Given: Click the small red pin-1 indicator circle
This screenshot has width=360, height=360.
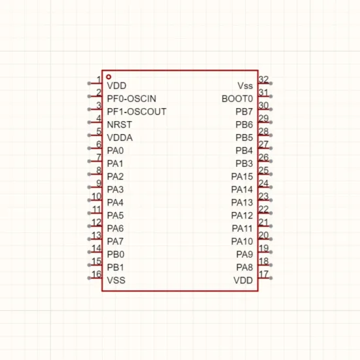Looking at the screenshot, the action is pos(109,77).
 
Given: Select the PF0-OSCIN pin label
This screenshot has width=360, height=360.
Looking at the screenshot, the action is pos(132,99).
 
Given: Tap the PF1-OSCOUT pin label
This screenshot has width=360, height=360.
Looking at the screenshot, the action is pos(137,112).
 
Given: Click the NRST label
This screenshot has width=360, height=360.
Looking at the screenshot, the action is pos(119,124).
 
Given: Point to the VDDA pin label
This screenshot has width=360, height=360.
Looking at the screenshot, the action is pos(120,137).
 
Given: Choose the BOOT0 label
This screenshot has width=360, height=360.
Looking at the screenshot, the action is pos(237,99).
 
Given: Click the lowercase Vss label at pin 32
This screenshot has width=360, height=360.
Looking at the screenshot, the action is pos(245,86).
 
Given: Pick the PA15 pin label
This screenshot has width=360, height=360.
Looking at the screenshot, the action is pos(242,177).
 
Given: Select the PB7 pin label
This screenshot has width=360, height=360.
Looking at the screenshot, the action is pos(244,112).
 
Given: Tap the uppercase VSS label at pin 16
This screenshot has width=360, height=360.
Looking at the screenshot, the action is pos(116,280).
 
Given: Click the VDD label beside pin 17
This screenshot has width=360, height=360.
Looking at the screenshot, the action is pos(243,280).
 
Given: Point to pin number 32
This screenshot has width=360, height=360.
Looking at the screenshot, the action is pos(264,79).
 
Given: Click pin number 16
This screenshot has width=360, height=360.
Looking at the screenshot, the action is pos(96,274).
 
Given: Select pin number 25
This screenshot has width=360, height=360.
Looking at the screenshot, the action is pos(264,170).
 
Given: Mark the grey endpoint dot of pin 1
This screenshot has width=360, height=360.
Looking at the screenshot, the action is pos(89,83).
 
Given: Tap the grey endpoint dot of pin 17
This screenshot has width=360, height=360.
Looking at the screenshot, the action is pos(271,278).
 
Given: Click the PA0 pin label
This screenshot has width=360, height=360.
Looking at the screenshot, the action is pos(115,151).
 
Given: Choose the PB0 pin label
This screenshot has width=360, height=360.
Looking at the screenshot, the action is pos(116,255).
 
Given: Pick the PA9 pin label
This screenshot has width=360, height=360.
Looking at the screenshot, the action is pos(245,255).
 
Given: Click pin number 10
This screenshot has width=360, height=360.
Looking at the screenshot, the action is pos(96,196).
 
